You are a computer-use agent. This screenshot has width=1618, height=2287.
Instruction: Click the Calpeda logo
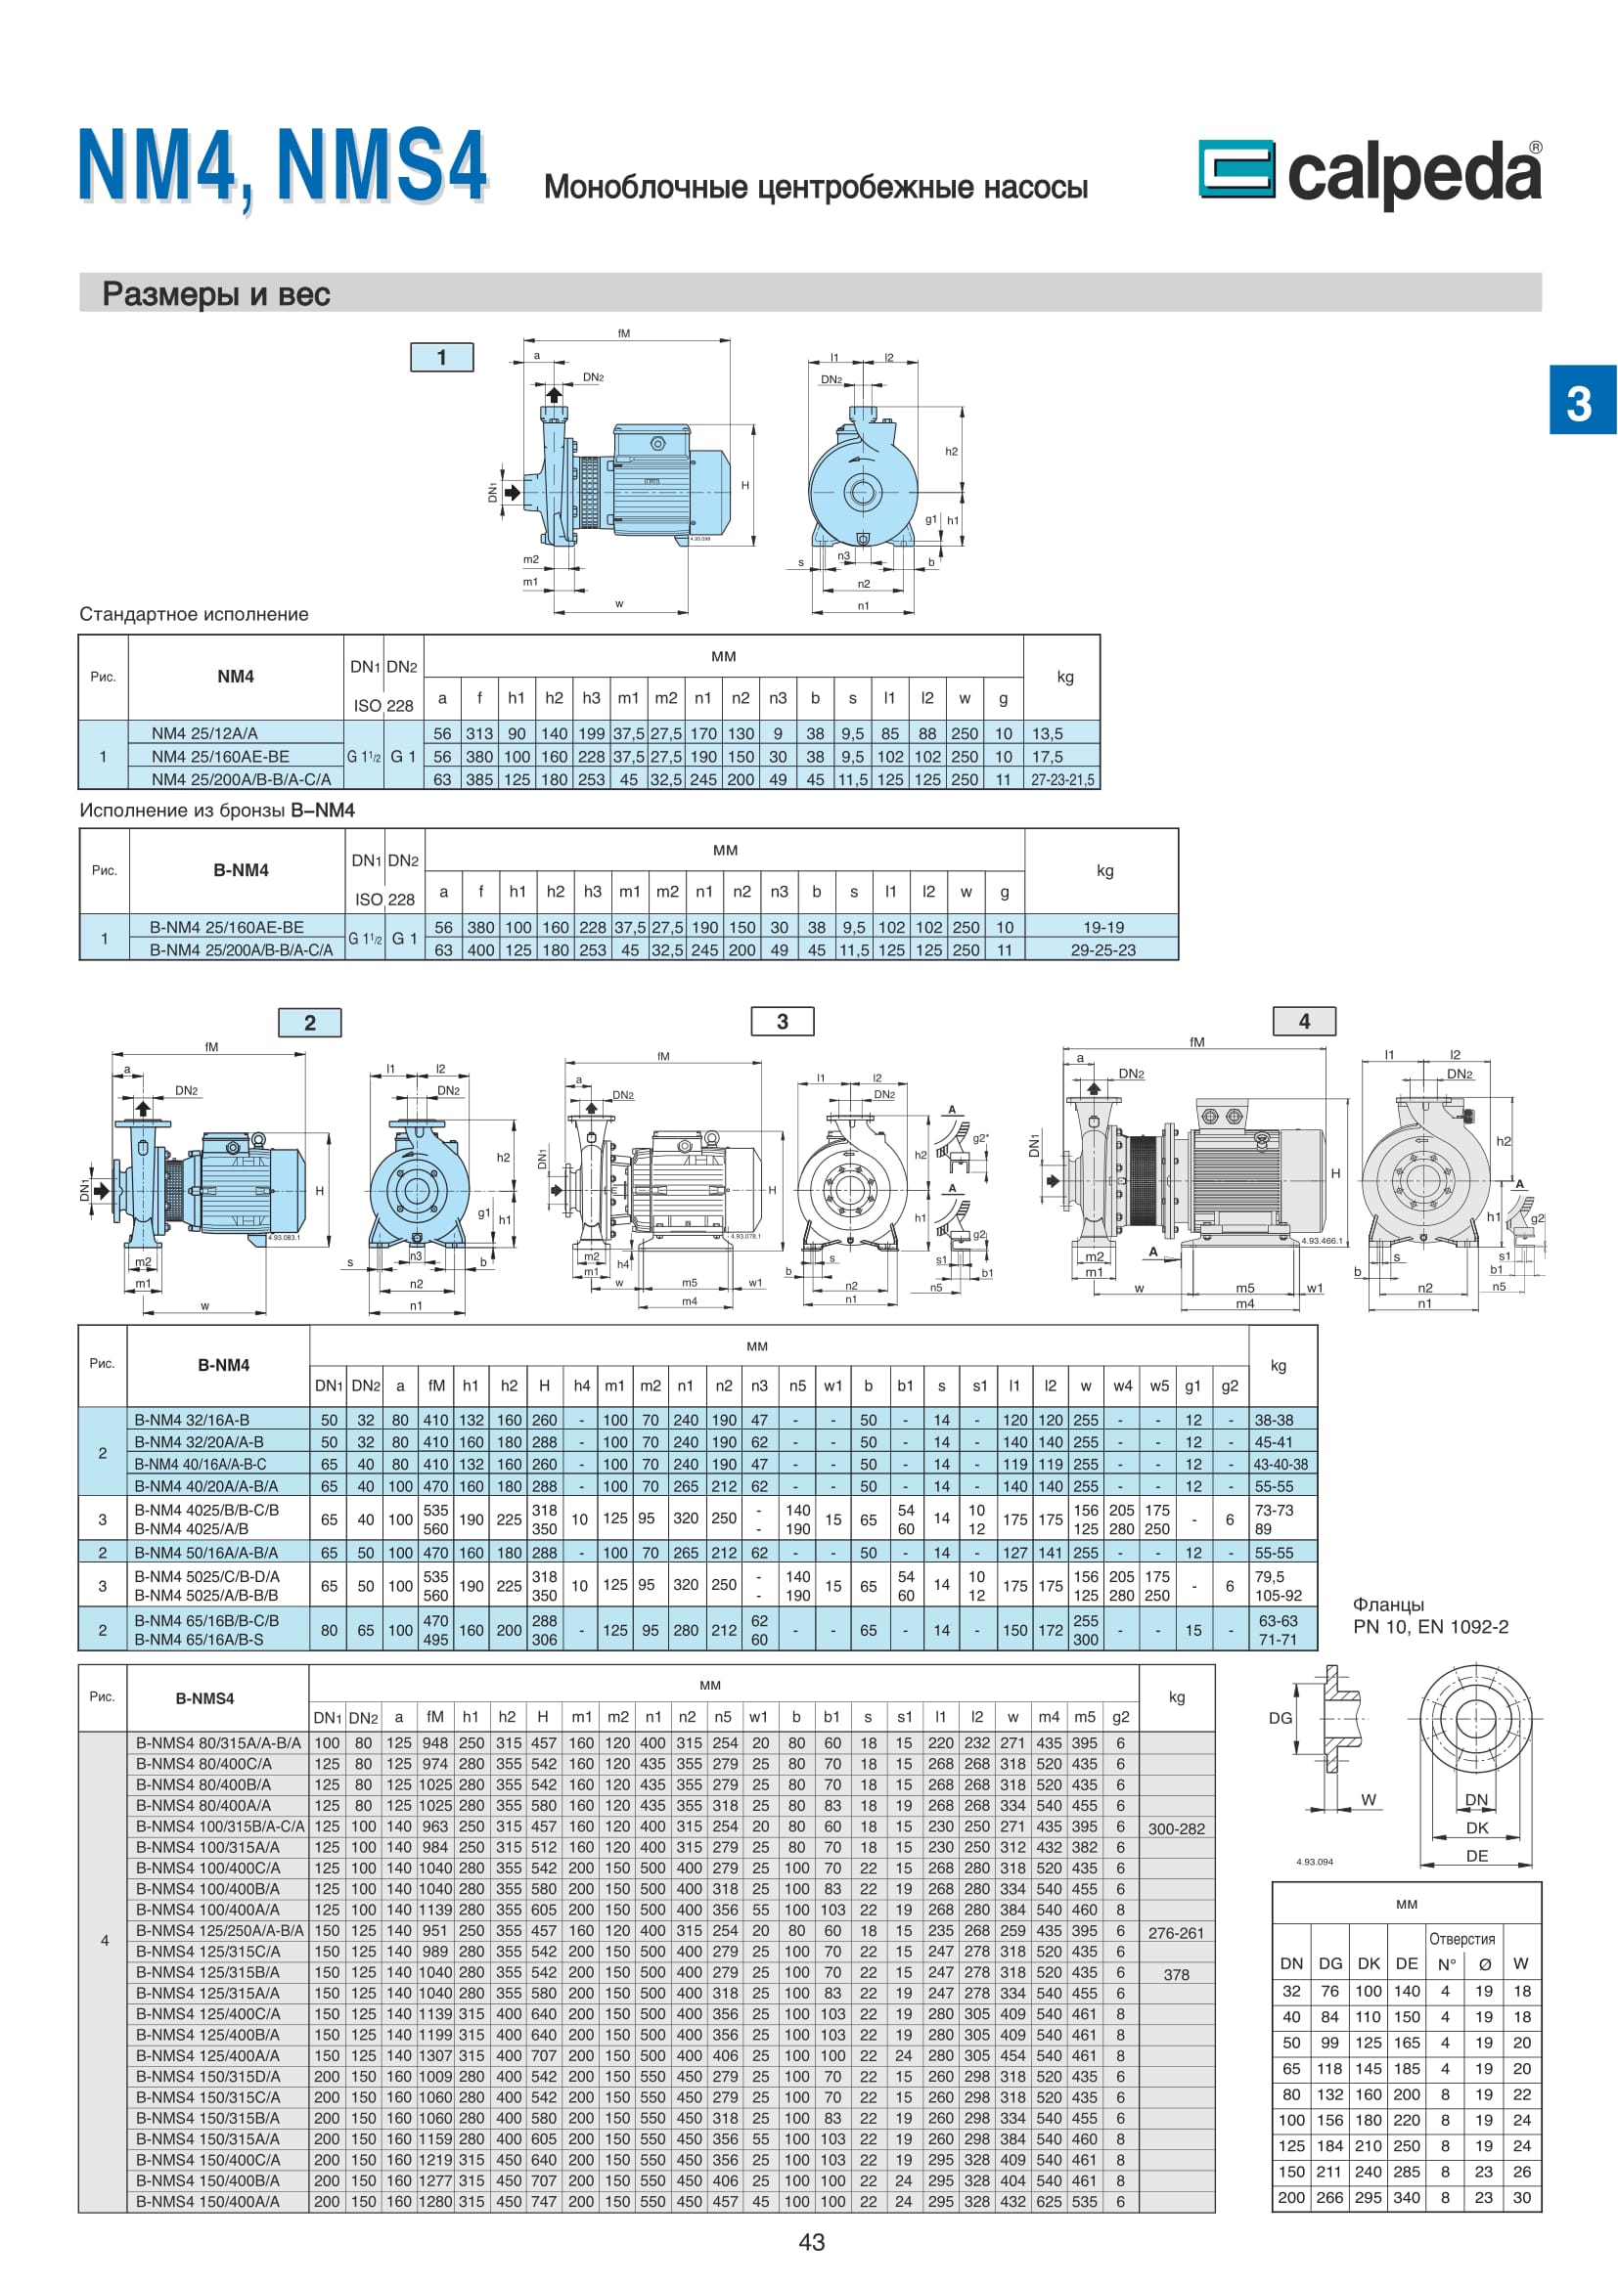(1370, 173)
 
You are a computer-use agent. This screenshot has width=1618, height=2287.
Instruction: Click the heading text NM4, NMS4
(283, 166)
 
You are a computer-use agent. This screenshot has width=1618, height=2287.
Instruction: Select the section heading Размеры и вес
(216, 294)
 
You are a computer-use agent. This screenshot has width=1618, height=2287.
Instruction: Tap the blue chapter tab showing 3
(1582, 400)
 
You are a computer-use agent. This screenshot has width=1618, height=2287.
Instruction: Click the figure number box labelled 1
(441, 357)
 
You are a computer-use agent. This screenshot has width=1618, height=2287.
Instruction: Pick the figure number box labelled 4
(1303, 1021)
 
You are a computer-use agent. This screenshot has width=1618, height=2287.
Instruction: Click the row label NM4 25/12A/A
(204, 733)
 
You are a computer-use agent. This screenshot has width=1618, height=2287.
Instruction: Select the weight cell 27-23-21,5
(1062, 780)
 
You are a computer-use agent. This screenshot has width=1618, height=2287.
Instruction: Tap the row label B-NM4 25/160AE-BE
(227, 927)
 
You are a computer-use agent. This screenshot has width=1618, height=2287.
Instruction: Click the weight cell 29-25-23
(1102, 950)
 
